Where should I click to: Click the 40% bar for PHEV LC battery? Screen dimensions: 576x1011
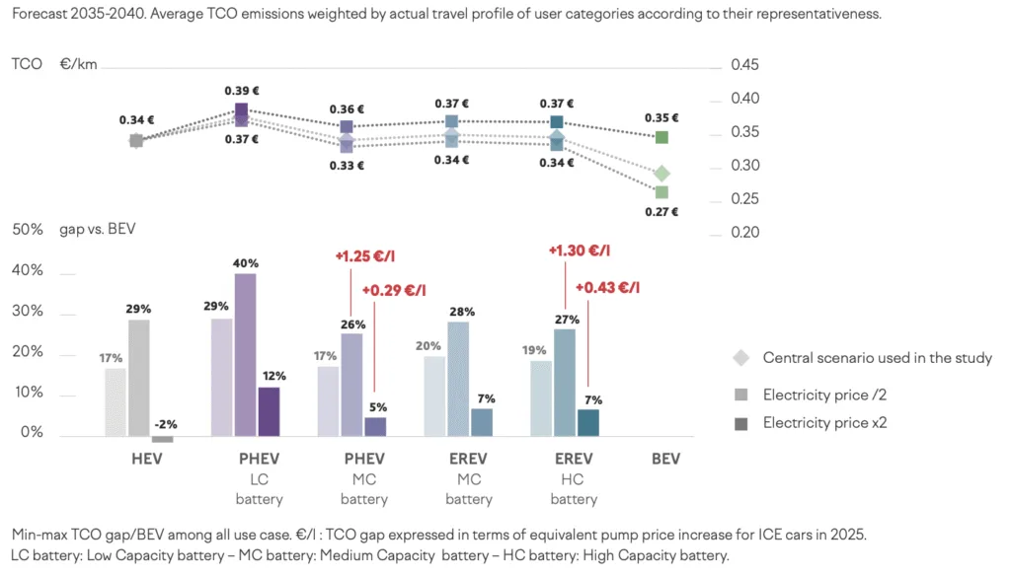(246, 354)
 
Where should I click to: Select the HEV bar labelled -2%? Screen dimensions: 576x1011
(162, 439)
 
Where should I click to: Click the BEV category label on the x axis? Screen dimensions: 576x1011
(665, 460)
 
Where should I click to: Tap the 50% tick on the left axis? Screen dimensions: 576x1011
(28, 230)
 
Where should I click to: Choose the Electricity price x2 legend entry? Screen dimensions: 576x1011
(826, 422)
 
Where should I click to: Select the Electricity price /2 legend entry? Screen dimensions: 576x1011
(825, 395)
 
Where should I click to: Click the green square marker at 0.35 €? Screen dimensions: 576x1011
(661, 137)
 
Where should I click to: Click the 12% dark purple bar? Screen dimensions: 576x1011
(269, 411)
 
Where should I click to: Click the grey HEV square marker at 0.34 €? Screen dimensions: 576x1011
(136, 141)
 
